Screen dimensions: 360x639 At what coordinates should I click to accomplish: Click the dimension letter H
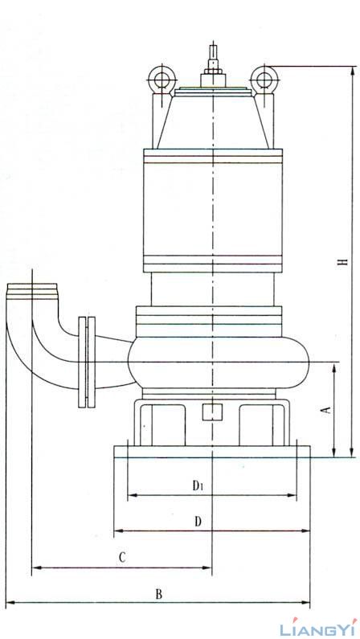(x=344, y=260)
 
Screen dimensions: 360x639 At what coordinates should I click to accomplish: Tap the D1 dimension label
(x=198, y=485)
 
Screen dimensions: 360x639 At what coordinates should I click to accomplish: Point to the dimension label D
(x=198, y=521)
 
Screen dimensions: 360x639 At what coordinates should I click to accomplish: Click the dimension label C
(x=122, y=557)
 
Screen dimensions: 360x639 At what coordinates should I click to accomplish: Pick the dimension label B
(x=159, y=594)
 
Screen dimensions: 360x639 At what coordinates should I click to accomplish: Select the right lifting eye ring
(x=264, y=78)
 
